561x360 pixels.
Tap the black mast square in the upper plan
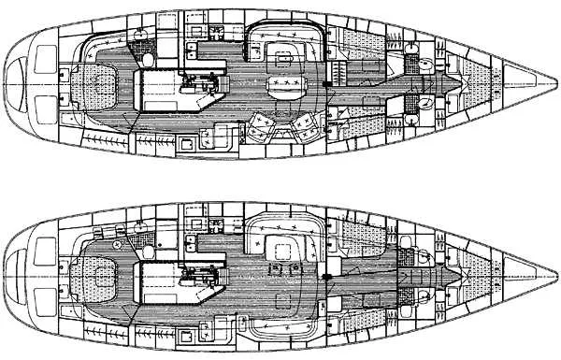pos(324,86)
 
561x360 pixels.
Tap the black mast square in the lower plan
pos(324,278)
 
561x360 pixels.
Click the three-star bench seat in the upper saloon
pos(285,85)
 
